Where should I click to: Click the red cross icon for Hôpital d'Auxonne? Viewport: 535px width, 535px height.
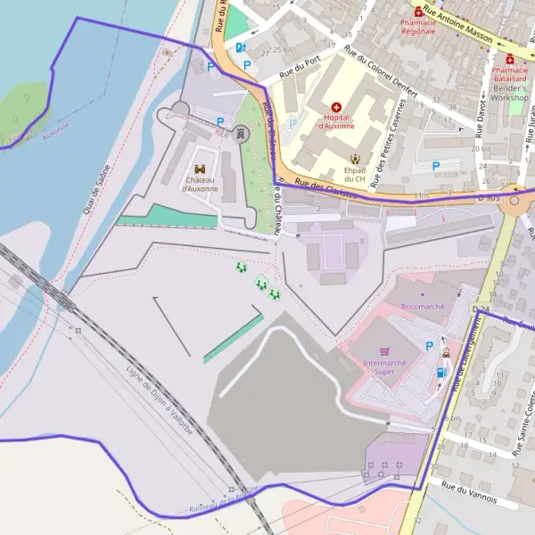(336, 106)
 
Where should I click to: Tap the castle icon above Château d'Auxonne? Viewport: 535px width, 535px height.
(200, 169)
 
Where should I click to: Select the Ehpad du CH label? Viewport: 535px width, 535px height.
(356, 173)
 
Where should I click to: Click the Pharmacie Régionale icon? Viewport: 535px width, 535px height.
(417, 12)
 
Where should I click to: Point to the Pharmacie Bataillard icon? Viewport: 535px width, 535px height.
(509, 58)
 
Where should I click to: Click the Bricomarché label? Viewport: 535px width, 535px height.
(423, 306)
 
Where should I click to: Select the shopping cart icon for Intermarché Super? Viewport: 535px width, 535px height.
(384, 351)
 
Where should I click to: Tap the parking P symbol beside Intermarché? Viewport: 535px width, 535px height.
(430, 346)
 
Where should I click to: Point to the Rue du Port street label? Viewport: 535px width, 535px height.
(300, 62)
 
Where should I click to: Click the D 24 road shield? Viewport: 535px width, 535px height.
(481, 309)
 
